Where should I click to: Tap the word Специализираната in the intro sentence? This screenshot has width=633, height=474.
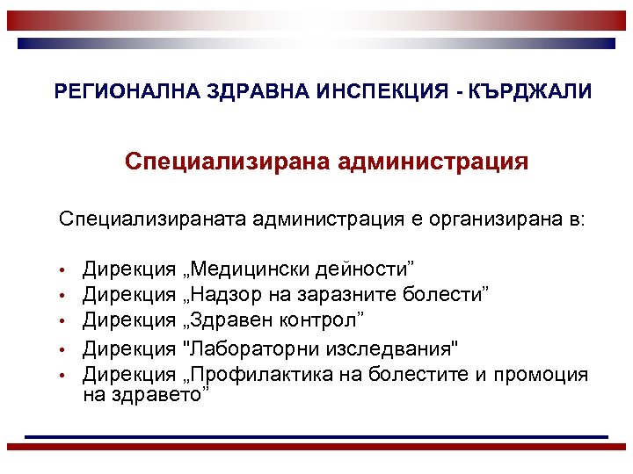151,217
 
